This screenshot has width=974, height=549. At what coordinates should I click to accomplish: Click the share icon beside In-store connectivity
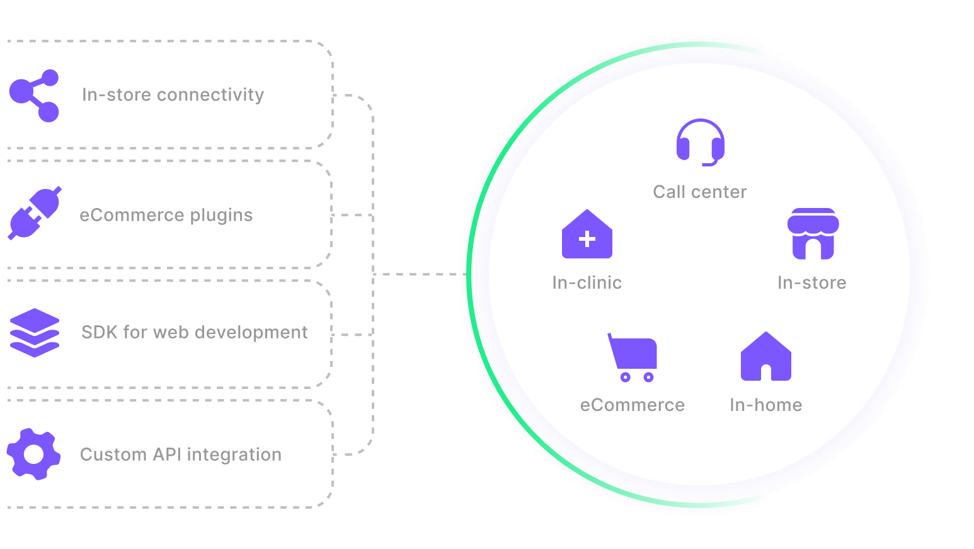pos(34,95)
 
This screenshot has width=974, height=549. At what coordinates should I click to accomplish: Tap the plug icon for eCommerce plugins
pos(35,214)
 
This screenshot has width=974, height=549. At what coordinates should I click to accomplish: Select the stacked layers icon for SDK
pos(35,333)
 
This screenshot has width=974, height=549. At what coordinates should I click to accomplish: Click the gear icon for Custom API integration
pos(33,454)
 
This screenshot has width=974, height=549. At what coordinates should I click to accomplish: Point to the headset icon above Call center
pos(701,142)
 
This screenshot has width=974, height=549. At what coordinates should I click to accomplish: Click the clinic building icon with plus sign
pos(587,234)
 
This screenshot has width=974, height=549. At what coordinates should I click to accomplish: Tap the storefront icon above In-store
pos(813,234)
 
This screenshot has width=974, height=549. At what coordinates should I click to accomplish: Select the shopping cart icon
pos(633,357)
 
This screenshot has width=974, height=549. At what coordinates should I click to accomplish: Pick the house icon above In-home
pos(765,357)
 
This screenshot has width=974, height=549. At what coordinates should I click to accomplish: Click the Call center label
pos(700,192)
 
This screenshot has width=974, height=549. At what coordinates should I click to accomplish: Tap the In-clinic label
pos(587,282)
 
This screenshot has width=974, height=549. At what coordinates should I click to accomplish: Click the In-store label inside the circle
pos(812,282)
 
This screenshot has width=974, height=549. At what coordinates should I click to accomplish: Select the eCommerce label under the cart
pos(633,405)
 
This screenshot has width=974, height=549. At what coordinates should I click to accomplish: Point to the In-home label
pos(766,405)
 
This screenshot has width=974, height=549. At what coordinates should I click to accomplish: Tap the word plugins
pos(221,216)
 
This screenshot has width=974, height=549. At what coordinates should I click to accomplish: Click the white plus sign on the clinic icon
pos(587,239)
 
